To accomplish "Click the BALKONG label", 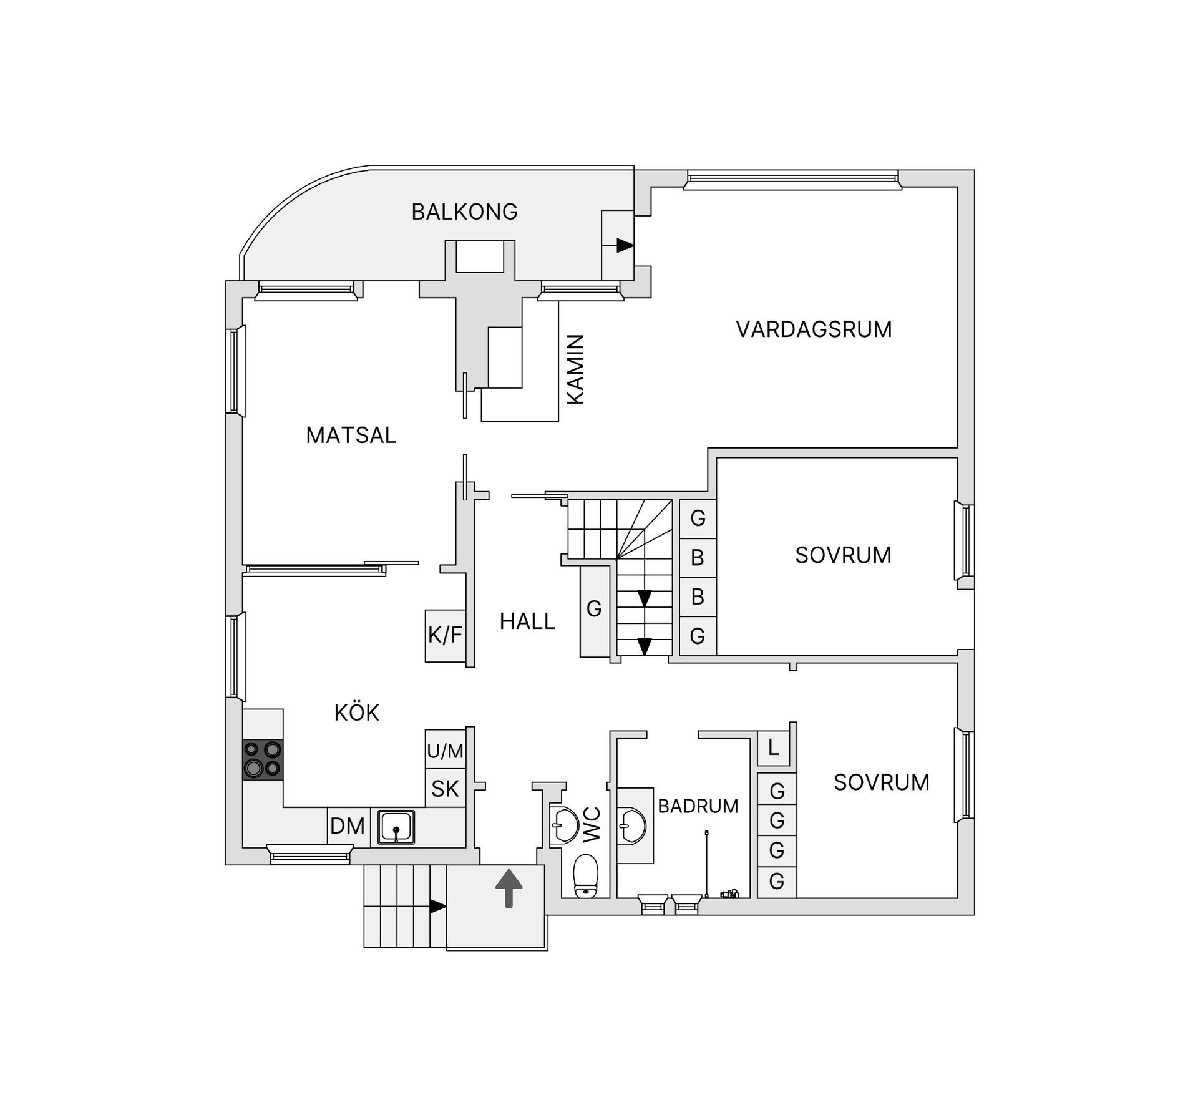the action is (464, 212).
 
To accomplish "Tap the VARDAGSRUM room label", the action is (814, 329).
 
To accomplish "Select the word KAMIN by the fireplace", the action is (575, 369).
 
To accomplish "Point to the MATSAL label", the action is (351, 436).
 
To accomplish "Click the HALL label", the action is (527, 621).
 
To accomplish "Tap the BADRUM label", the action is (698, 806).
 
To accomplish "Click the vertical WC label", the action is (592, 824).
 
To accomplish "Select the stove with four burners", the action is (263, 759).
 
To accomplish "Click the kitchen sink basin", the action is (396, 827).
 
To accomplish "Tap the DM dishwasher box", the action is (348, 827).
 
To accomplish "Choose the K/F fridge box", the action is (446, 636).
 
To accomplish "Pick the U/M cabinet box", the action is (446, 750).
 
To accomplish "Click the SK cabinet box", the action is (446, 789).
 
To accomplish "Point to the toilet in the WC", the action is (585, 876).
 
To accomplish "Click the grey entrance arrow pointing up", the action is (509, 889).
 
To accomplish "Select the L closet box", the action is (774, 748).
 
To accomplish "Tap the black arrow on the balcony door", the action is (625, 245).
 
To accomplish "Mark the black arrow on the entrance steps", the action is (439, 906).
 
